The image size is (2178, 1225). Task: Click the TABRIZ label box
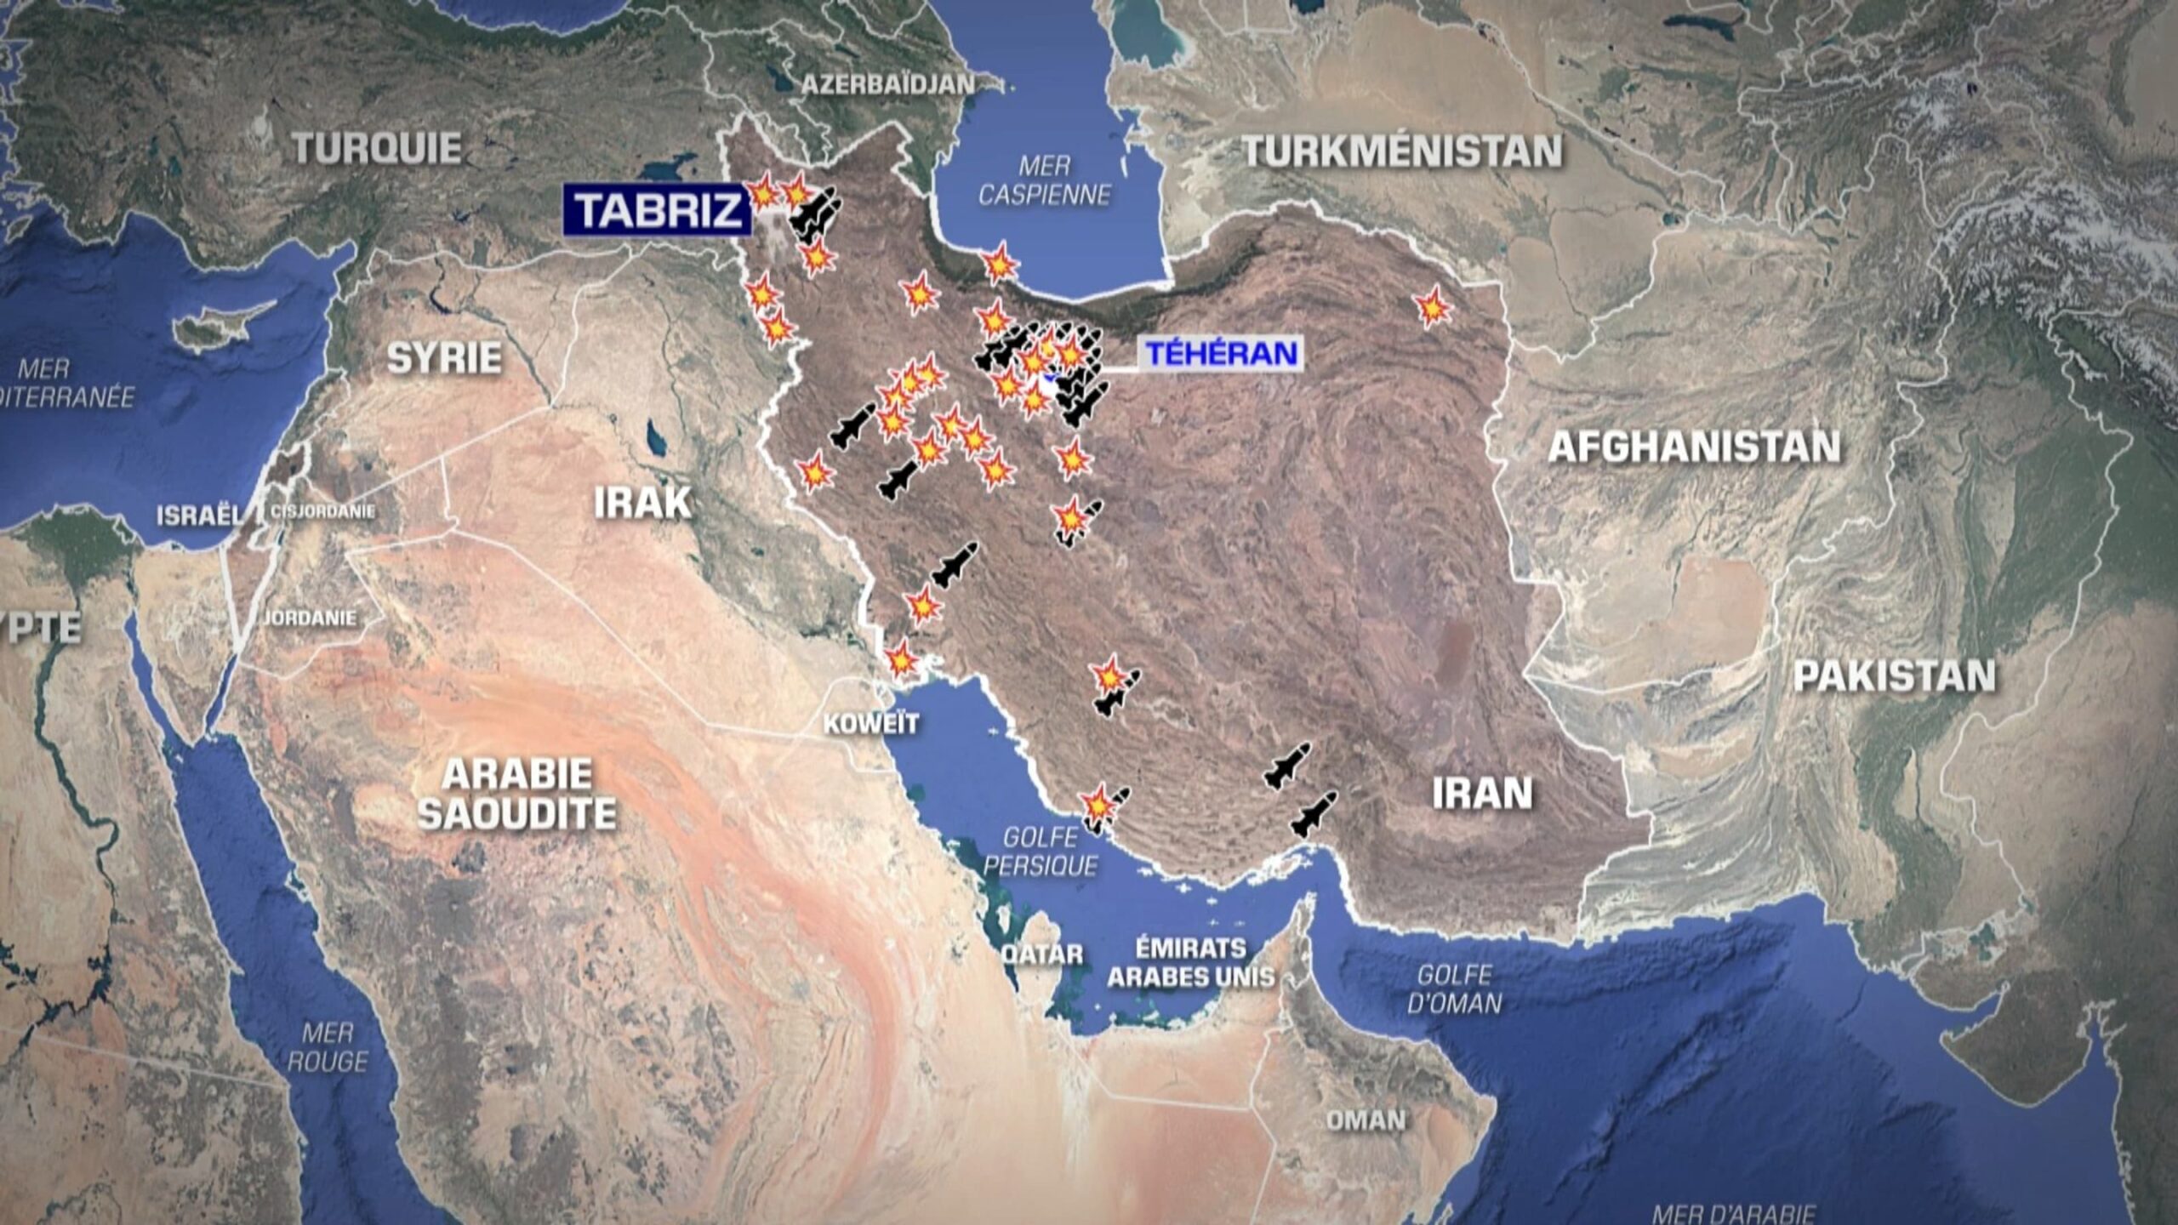click(657, 210)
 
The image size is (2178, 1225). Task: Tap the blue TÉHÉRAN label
click(1221, 353)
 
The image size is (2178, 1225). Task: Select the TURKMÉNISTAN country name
click(1402, 151)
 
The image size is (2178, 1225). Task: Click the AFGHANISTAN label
click(1693, 447)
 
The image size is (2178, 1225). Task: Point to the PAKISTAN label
click(1894, 676)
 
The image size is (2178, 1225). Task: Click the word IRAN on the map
click(1482, 794)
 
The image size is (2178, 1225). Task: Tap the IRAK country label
click(642, 503)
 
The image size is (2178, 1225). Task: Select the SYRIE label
click(444, 358)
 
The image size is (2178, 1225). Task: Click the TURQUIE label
click(378, 149)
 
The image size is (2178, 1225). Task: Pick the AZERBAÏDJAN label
click(887, 84)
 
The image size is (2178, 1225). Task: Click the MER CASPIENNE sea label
click(1044, 180)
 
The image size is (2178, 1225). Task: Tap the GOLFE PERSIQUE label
click(1040, 852)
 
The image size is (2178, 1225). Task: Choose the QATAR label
click(1041, 954)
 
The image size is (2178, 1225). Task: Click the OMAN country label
click(1366, 1120)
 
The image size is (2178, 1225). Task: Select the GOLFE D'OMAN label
click(1454, 989)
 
